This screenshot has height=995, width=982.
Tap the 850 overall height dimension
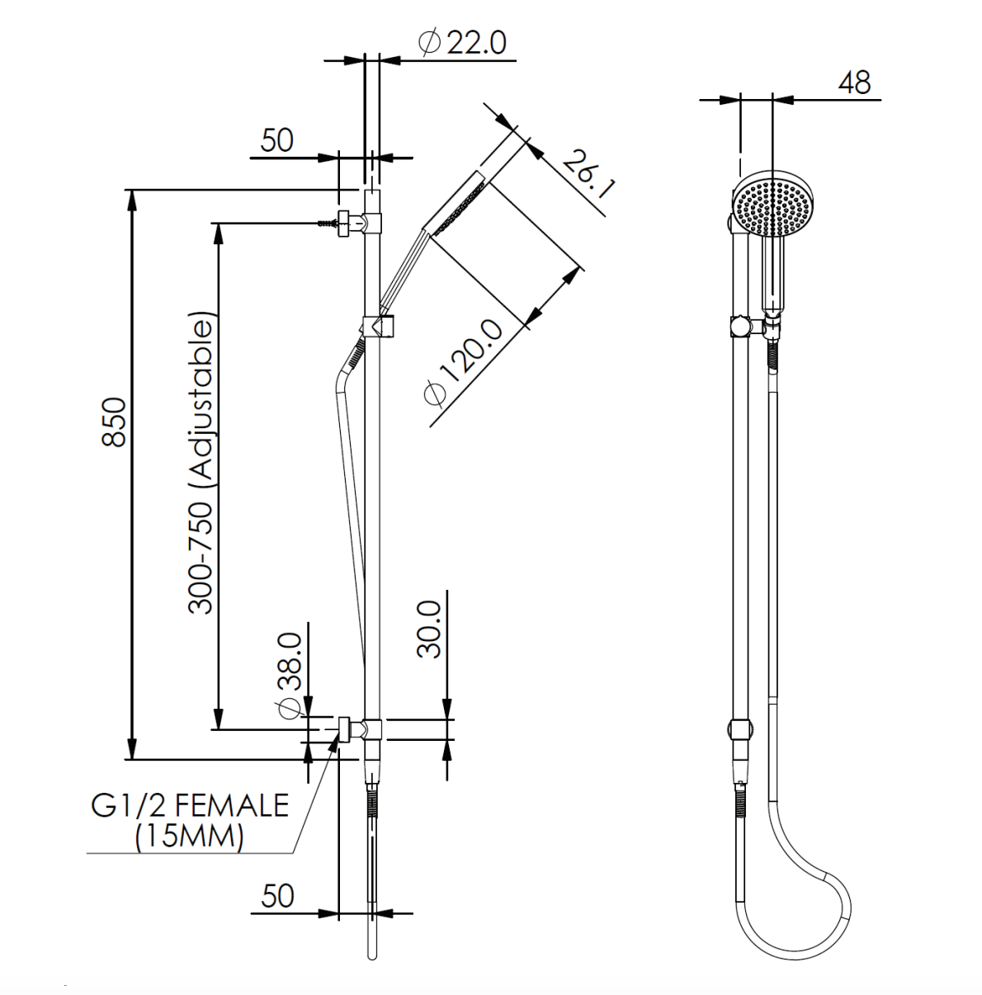(114, 422)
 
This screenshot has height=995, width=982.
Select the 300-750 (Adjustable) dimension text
(201, 462)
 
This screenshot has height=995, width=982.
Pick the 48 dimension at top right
(854, 83)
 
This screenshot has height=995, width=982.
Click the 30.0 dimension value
(429, 629)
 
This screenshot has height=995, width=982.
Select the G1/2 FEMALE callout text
(191, 804)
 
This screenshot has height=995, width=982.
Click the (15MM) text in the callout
(190, 837)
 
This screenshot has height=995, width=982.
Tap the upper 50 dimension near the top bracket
(276, 140)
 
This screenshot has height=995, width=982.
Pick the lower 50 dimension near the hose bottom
(276, 896)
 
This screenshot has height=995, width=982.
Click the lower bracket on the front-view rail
(741, 730)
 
